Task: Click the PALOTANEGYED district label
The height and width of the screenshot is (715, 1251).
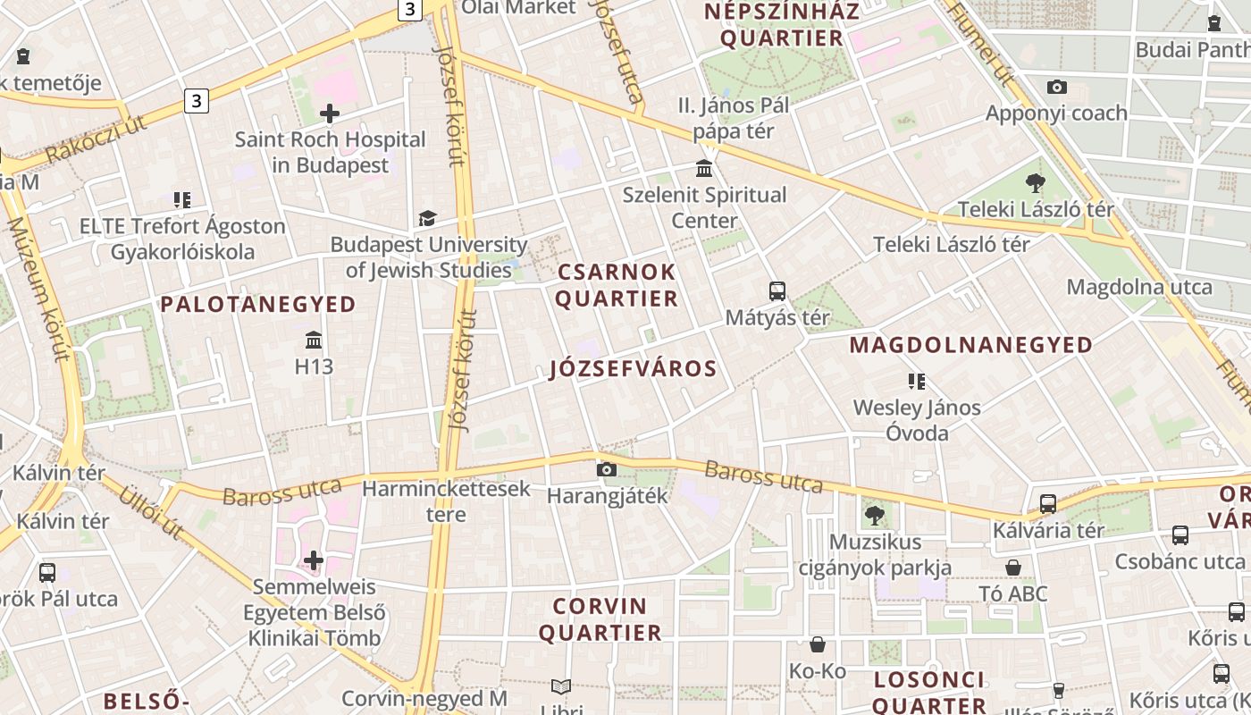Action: [x=258, y=305]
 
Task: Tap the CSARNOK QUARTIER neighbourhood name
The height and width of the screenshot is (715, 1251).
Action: [x=617, y=285]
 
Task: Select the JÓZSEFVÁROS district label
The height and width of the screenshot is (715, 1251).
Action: [x=634, y=369]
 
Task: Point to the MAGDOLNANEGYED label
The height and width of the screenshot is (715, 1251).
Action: [x=970, y=345]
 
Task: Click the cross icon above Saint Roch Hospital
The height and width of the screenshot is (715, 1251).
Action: [x=330, y=114]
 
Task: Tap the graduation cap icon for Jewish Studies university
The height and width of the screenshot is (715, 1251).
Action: [x=428, y=219]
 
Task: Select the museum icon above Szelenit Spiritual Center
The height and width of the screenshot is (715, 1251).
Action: [x=704, y=169]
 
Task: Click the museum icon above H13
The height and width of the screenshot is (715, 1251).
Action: [x=314, y=341]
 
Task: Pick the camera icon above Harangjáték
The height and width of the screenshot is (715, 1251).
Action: [x=607, y=469]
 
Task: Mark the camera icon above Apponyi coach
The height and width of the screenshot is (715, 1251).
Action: [x=1056, y=88]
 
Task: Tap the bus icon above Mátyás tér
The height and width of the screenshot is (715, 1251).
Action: [x=777, y=291]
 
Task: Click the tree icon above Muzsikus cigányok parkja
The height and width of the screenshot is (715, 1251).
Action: [x=874, y=516]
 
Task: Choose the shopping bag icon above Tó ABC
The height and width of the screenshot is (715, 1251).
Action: [x=1013, y=568]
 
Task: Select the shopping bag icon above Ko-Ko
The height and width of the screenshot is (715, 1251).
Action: [x=817, y=644]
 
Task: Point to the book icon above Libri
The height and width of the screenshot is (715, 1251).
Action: [x=561, y=686]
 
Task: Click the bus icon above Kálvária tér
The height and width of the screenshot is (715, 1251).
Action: [x=1048, y=504]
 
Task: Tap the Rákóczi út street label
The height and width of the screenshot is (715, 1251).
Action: [x=97, y=140]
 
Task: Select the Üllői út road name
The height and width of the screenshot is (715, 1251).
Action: [x=151, y=511]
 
